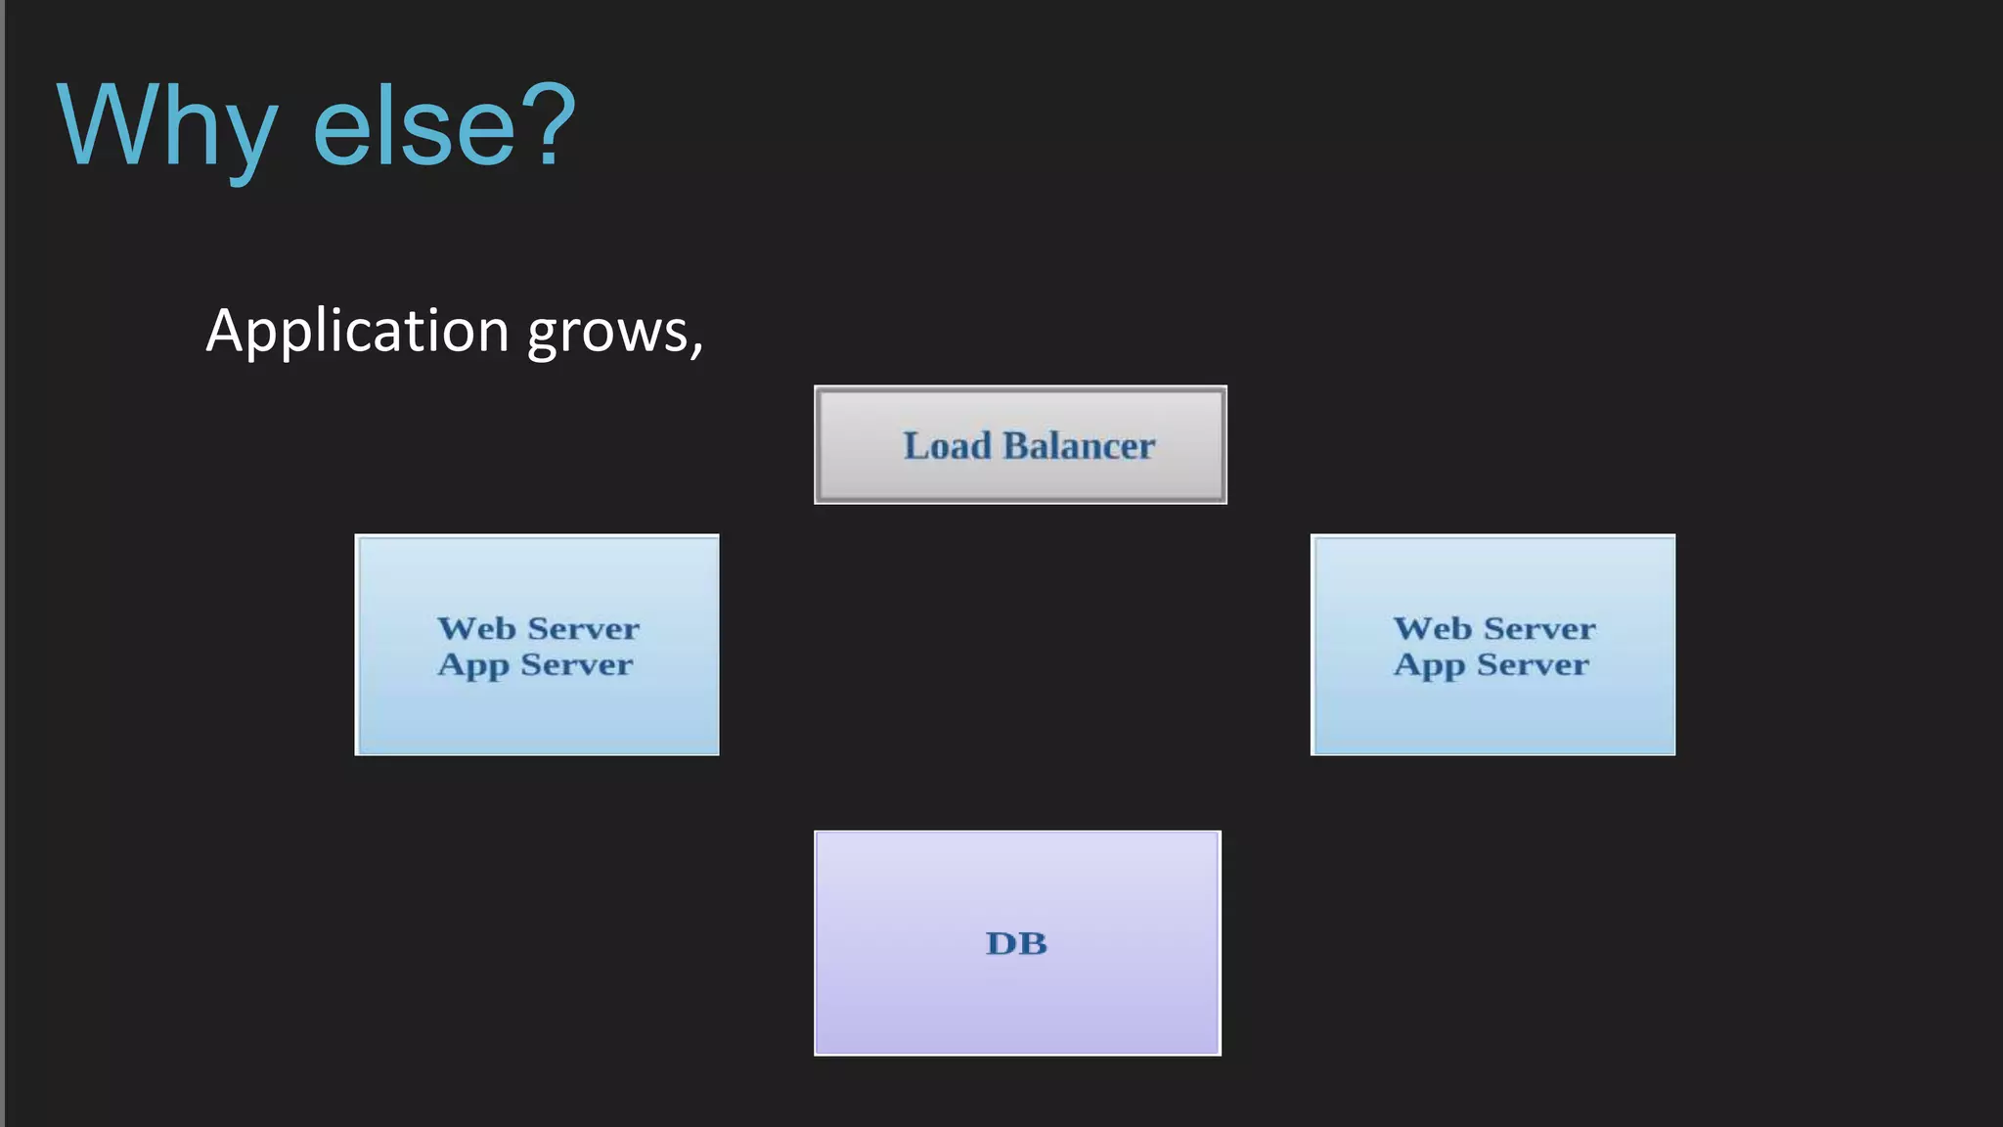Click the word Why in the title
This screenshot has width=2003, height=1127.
coord(166,127)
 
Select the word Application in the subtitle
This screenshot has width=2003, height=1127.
coord(358,331)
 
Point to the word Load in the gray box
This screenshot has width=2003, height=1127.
coord(947,446)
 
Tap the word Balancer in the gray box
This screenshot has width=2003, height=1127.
coord(1079,446)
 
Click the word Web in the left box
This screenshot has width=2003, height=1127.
coord(476,628)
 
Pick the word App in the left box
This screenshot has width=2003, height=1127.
coord(473,666)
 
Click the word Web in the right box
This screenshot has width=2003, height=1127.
coord(1432,628)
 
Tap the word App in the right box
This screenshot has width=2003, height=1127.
coord(1429,666)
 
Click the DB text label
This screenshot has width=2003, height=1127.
coord(1016,943)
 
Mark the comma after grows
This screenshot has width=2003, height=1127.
coord(697,348)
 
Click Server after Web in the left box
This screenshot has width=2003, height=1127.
coord(584,628)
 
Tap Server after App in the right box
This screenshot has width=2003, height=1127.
coord(1533,665)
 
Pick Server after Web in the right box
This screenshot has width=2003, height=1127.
coord(1539,628)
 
